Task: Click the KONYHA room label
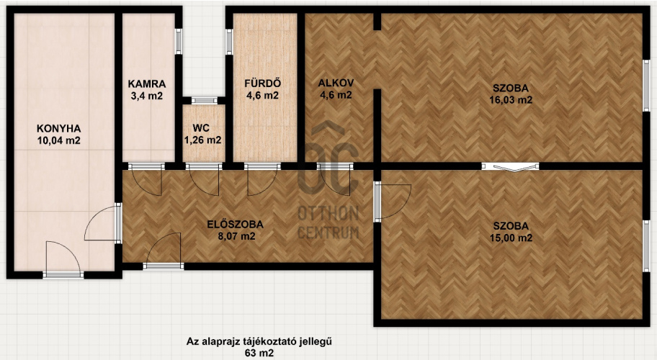(58, 128)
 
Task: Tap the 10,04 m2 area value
(58, 140)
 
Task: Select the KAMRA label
(147, 84)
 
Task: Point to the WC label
(201, 127)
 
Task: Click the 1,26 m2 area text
(203, 140)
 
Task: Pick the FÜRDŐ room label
(263, 83)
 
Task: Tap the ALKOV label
(336, 83)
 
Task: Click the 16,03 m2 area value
(511, 100)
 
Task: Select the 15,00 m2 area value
(511, 238)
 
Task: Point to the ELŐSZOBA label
(236, 225)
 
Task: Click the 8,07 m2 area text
(236, 236)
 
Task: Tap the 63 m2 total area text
(259, 353)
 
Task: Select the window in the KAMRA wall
(179, 41)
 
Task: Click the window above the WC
(205, 101)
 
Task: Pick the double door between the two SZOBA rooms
(510, 166)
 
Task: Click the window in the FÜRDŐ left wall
(229, 42)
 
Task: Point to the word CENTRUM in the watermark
(328, 233)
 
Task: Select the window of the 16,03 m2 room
(646, 86)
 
